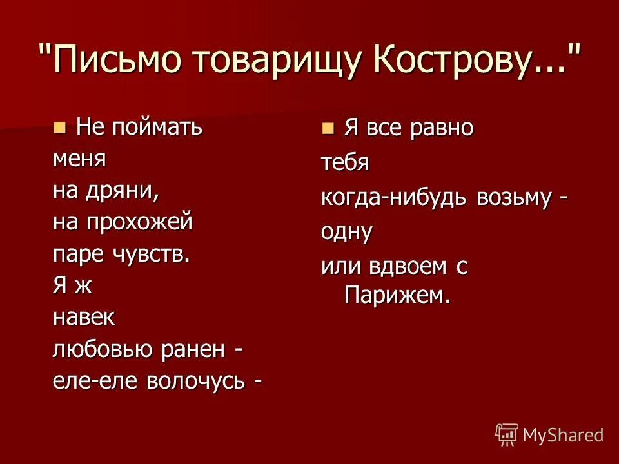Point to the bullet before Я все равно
point(329,128)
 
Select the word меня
point(79,159)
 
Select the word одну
point(347,231)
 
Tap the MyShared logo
point(549,434)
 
